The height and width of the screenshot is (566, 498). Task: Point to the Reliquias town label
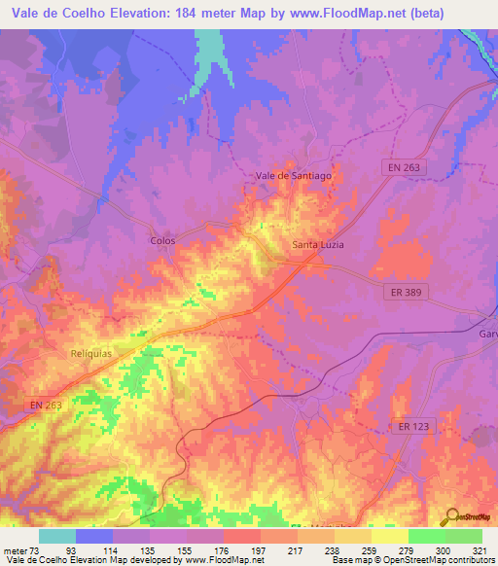point(92,354)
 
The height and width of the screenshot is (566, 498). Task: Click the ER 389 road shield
point(403,292)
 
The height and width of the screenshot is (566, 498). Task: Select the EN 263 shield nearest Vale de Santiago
point(397,169)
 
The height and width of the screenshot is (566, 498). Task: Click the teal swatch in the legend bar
point(57,536)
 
